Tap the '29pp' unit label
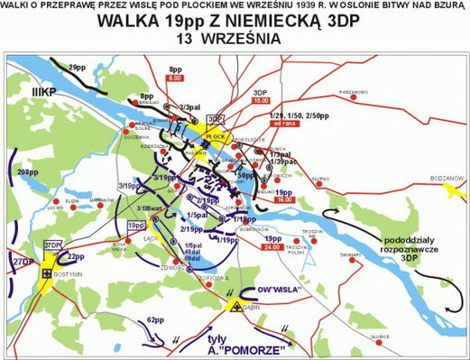(x=78, y=66)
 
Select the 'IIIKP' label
(x=39, y=93)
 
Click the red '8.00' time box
(x=175, y=78)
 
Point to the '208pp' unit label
(x=28, y=171)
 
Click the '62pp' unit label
(x=157, y=319)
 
